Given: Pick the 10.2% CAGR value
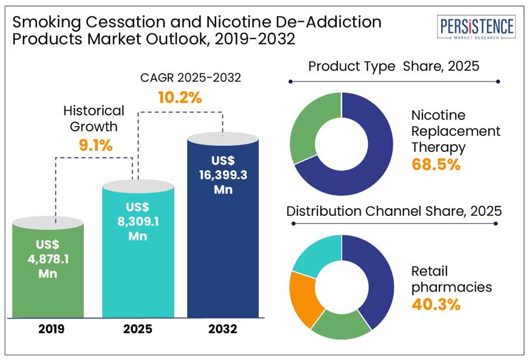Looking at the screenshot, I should pyautogui.click(x=180, y=98).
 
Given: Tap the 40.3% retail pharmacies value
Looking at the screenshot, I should pyautogui.click(x=436, y=304).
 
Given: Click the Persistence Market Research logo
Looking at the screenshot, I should pyautogui.click(x=477, y=28).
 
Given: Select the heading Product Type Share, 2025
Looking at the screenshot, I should pyautogui.click(x=394, y=66).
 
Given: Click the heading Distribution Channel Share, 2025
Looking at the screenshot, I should pyautogui.click(x=394, y=211).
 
